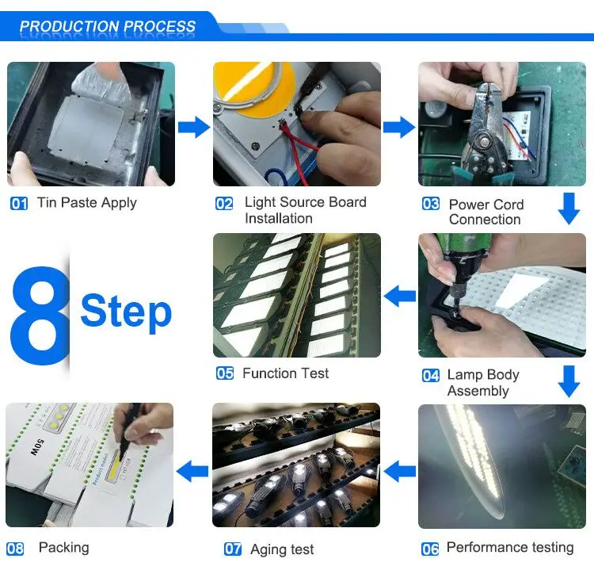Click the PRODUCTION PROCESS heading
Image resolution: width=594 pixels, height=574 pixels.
(107, 26)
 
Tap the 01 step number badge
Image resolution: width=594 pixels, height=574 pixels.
(19, 204)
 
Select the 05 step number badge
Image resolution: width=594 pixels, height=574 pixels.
(225, 373)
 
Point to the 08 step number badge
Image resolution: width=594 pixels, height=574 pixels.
(15, 549)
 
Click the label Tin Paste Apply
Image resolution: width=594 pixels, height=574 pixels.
(87, 203)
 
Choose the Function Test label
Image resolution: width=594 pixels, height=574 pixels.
(286, 373)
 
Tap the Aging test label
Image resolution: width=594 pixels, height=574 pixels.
(282, 549)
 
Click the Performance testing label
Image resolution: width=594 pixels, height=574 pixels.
(510, 548)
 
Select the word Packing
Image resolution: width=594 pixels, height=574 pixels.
(64, 548)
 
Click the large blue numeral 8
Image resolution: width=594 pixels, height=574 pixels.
(40, 315)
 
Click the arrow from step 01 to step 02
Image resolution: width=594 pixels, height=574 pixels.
(194, 128)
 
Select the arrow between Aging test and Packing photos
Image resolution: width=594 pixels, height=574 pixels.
(192, 471)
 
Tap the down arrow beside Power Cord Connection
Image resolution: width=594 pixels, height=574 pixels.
(569, 209)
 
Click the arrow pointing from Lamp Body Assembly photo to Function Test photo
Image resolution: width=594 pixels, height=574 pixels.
(400, 296)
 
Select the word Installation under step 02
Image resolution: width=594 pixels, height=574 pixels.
(279, 219)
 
